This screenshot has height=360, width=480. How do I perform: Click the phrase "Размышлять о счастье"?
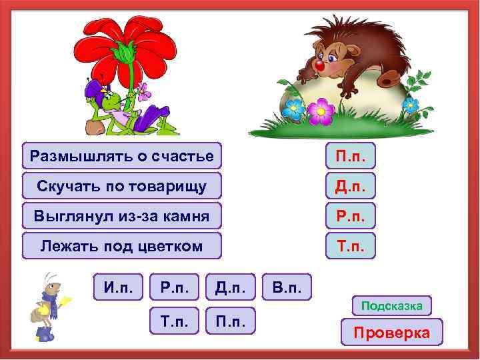pyautogui.click(x=121, y=156)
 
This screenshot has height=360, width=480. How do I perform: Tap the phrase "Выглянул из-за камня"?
pyautogui.click(x=121, y=216)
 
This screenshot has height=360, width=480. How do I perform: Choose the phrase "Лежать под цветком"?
pyautogui.click(x=121, y=246)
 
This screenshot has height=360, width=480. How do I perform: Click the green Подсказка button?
pyautogui.click(x=391, y=306)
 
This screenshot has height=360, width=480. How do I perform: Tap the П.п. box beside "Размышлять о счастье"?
pyautogui.click(x=350, y=156)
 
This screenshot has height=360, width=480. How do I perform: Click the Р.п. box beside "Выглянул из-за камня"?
pyautogui.click(x=350, y=216)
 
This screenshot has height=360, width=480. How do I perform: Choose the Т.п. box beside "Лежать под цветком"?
pyautogui.click(x=350, y=246)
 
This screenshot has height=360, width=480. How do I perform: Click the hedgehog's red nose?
pyautogui.click(x=319, y=67)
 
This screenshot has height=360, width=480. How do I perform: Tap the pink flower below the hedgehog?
pyautogui.click(x=321, y=110)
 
